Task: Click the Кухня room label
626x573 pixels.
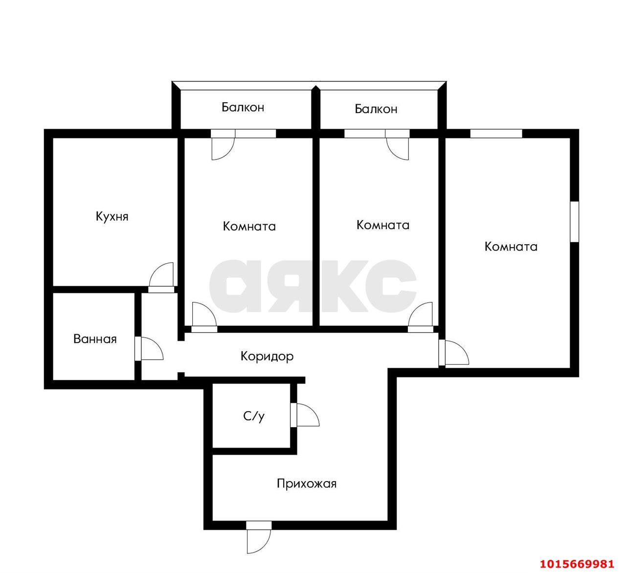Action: click(112, 216)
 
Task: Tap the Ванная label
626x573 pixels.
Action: click(95, 339)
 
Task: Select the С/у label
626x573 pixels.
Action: click(254, 416)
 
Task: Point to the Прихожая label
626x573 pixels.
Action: click(307, 484)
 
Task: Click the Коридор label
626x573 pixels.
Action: click(267, 356)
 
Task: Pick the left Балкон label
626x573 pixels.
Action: click(243, 107)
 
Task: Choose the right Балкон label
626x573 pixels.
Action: click(376, 109)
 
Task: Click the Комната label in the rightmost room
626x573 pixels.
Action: click(511, 247)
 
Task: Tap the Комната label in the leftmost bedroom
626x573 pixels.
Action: click(249, 227)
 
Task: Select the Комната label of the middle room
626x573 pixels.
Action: click(383, 225)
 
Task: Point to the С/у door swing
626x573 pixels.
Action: click(305, 415)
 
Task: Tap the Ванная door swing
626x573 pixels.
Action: click(151, 349)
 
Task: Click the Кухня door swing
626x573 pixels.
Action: click(162, 275)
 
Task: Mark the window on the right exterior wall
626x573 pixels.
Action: click(575, 221)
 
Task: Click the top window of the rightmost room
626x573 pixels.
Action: click(496, 133)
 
